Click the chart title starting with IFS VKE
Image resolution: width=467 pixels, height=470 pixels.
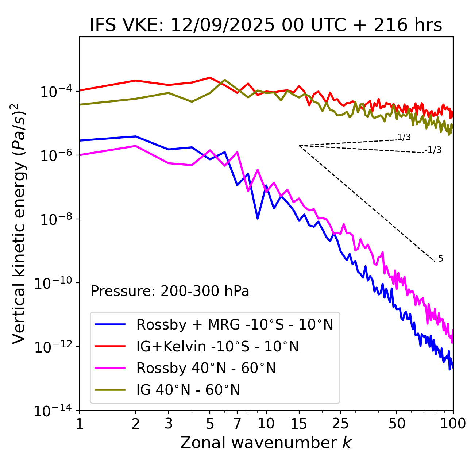coord(266,26)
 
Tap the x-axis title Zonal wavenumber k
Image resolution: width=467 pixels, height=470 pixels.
coord(266,442)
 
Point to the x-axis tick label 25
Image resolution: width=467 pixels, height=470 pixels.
coord(340,424)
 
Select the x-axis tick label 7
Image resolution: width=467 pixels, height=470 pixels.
coord(237,424)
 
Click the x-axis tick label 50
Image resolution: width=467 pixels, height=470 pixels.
coord(397,424)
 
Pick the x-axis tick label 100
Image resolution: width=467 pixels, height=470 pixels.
coord(452,424)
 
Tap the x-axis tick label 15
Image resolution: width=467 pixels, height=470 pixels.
coord(299,424)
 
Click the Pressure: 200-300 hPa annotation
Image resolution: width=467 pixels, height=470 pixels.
coord(170,291)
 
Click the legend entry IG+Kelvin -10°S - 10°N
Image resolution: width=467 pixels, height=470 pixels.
coord(217,346)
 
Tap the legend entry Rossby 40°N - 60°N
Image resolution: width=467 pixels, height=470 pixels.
coord(206,368)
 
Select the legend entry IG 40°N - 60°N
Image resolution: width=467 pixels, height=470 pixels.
coord(188,390)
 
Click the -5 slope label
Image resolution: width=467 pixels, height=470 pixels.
coord(439,259)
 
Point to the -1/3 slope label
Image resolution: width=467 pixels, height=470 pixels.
coord(433,150)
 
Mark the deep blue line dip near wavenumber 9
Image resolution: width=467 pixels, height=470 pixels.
coord(258,218)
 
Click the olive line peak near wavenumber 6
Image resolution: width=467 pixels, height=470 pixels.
coord(224,80)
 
